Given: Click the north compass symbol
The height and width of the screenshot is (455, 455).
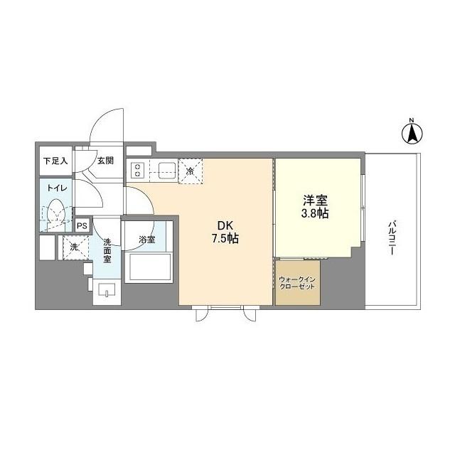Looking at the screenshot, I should [x=411, y=132].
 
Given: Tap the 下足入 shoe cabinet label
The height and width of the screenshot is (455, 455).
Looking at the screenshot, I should [x=55, y=161].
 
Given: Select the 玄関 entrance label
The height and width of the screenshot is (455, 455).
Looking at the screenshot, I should [x=106, y=161].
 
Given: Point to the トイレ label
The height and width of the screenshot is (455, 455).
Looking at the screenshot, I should [x=57, y=188].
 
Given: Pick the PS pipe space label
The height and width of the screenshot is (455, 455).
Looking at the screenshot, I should [x=82, y=226].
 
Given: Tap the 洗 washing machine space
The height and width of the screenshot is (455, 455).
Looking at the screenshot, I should [x=74, y=247].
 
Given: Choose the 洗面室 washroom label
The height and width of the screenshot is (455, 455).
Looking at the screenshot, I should [x=107, y=250].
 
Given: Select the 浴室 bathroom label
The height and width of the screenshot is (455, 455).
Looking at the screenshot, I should [x=146, y=240].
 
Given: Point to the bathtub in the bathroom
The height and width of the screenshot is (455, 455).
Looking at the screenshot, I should [x=149, y=267].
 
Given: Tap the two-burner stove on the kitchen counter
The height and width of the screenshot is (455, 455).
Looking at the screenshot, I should [x=138, y=171].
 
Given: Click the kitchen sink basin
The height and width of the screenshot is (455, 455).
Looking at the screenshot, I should [x=168, y=171].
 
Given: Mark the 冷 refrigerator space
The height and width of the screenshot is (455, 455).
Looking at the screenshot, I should [x=190, y=171].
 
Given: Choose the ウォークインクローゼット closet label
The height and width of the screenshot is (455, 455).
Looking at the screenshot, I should [x=298, y=283].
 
